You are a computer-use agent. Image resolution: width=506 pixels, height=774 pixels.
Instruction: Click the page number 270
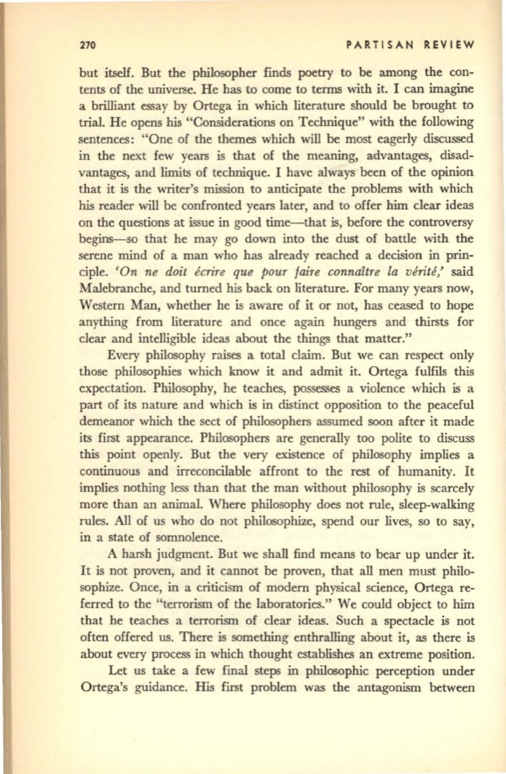(86, 45)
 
